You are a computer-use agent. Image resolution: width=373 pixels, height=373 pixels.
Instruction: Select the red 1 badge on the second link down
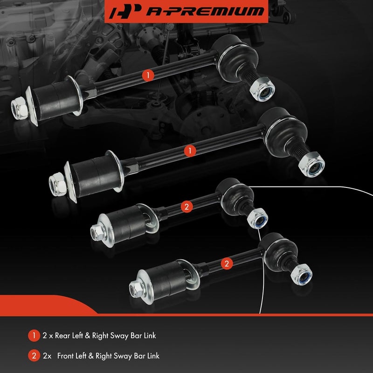coord(190,151)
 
